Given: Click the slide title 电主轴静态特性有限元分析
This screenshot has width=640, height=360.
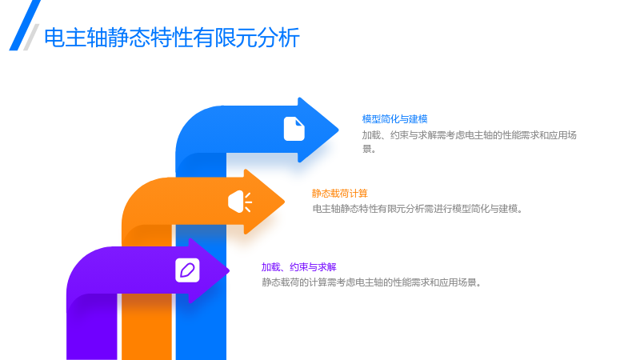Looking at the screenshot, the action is pos(172,38).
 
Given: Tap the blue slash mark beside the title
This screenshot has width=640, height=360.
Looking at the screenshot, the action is pos(25,26).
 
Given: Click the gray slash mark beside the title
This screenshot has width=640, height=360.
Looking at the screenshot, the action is pos(31,37).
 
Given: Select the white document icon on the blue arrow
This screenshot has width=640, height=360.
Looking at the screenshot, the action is pos(294,129).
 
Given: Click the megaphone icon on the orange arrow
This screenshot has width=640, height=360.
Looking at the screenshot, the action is pos(240,202).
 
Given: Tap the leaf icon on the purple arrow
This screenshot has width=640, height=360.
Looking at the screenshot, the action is pos(187,270).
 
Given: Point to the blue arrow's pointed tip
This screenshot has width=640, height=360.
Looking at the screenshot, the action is pos(338,130).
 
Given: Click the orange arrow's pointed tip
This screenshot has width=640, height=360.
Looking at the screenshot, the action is pos(284,202).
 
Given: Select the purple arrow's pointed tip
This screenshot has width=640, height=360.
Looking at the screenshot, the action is pos(229,270).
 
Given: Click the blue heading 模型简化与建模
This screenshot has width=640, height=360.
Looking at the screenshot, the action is pos(394,119).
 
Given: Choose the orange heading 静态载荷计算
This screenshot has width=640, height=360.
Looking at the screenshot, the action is pos(339,194).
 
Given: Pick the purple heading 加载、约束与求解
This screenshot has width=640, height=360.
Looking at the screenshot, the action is pos(298,267).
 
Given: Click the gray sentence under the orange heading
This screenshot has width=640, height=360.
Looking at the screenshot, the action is pos(418,209).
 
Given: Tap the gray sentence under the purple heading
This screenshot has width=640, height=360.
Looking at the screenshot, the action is pos(371,282).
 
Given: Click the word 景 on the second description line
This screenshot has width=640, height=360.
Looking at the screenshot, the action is pos(367,149).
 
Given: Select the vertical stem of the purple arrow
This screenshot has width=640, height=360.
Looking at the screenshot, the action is pos(92,326).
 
